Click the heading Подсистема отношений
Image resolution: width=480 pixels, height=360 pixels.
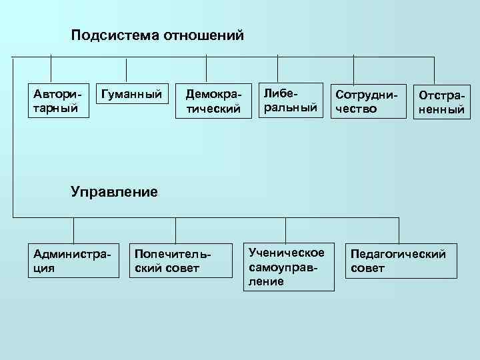(157, 35)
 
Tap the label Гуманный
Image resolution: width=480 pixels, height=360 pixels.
(130, 95)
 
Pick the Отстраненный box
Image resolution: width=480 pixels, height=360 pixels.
(440, 102)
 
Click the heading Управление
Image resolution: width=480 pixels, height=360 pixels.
(114, 193)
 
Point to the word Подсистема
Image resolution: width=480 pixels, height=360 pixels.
(113, 35)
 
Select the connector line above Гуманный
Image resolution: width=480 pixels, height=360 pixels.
(127, 69)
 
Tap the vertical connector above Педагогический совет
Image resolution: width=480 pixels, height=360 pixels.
(399, 230)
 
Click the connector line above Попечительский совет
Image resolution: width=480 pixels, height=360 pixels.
(175, 230)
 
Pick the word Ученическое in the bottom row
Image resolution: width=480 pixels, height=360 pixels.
(286, 253)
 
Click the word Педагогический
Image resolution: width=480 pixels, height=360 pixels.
(399, 253)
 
